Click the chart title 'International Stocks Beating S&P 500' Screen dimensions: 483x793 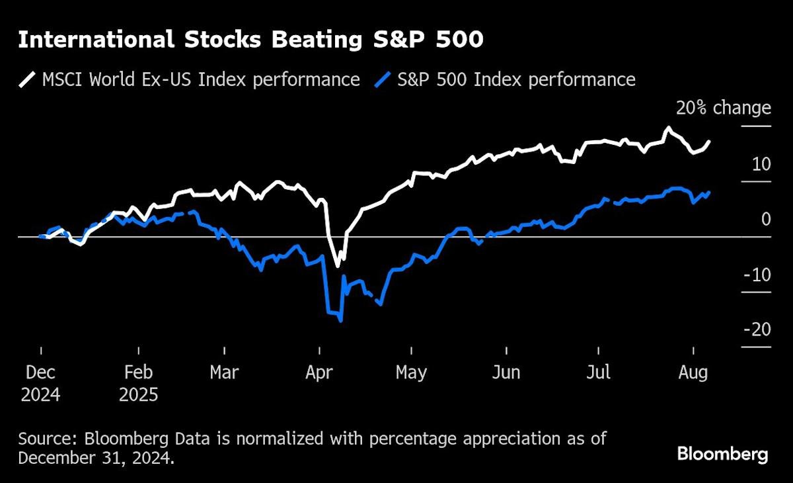pos(250,40)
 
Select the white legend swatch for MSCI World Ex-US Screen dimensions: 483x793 pos(27,81)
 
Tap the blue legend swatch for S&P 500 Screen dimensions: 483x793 pos(383,81)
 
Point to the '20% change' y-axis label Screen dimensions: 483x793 pos(723,108)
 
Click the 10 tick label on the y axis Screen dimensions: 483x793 pos(761,163)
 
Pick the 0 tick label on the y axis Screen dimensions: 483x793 pos(766,218)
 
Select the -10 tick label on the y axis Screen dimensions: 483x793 pos(757,274)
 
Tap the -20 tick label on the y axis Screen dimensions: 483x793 pos(757,329)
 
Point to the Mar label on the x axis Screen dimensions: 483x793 pos(224,373)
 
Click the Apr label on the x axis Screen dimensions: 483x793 pos(319,373)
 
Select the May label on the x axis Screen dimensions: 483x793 pos(411,373)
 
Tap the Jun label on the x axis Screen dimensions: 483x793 pos(506,373)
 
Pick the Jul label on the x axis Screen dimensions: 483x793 pos(598,373)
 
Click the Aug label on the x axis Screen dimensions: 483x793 pos(693,373)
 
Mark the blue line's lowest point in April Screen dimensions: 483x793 pos(340,321)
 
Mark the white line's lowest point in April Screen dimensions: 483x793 pos(338,266)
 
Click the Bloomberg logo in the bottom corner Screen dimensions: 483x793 pos(722,455)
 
